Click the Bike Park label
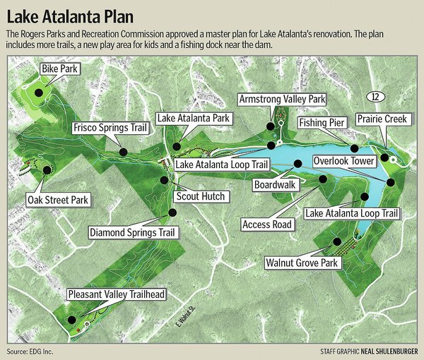(x=59, y=69)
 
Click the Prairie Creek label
(x=381, y=119)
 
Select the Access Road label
(x=266, y=225)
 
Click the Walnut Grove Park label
(x=303, y=263)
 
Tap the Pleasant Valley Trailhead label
(x=113, y=294)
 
